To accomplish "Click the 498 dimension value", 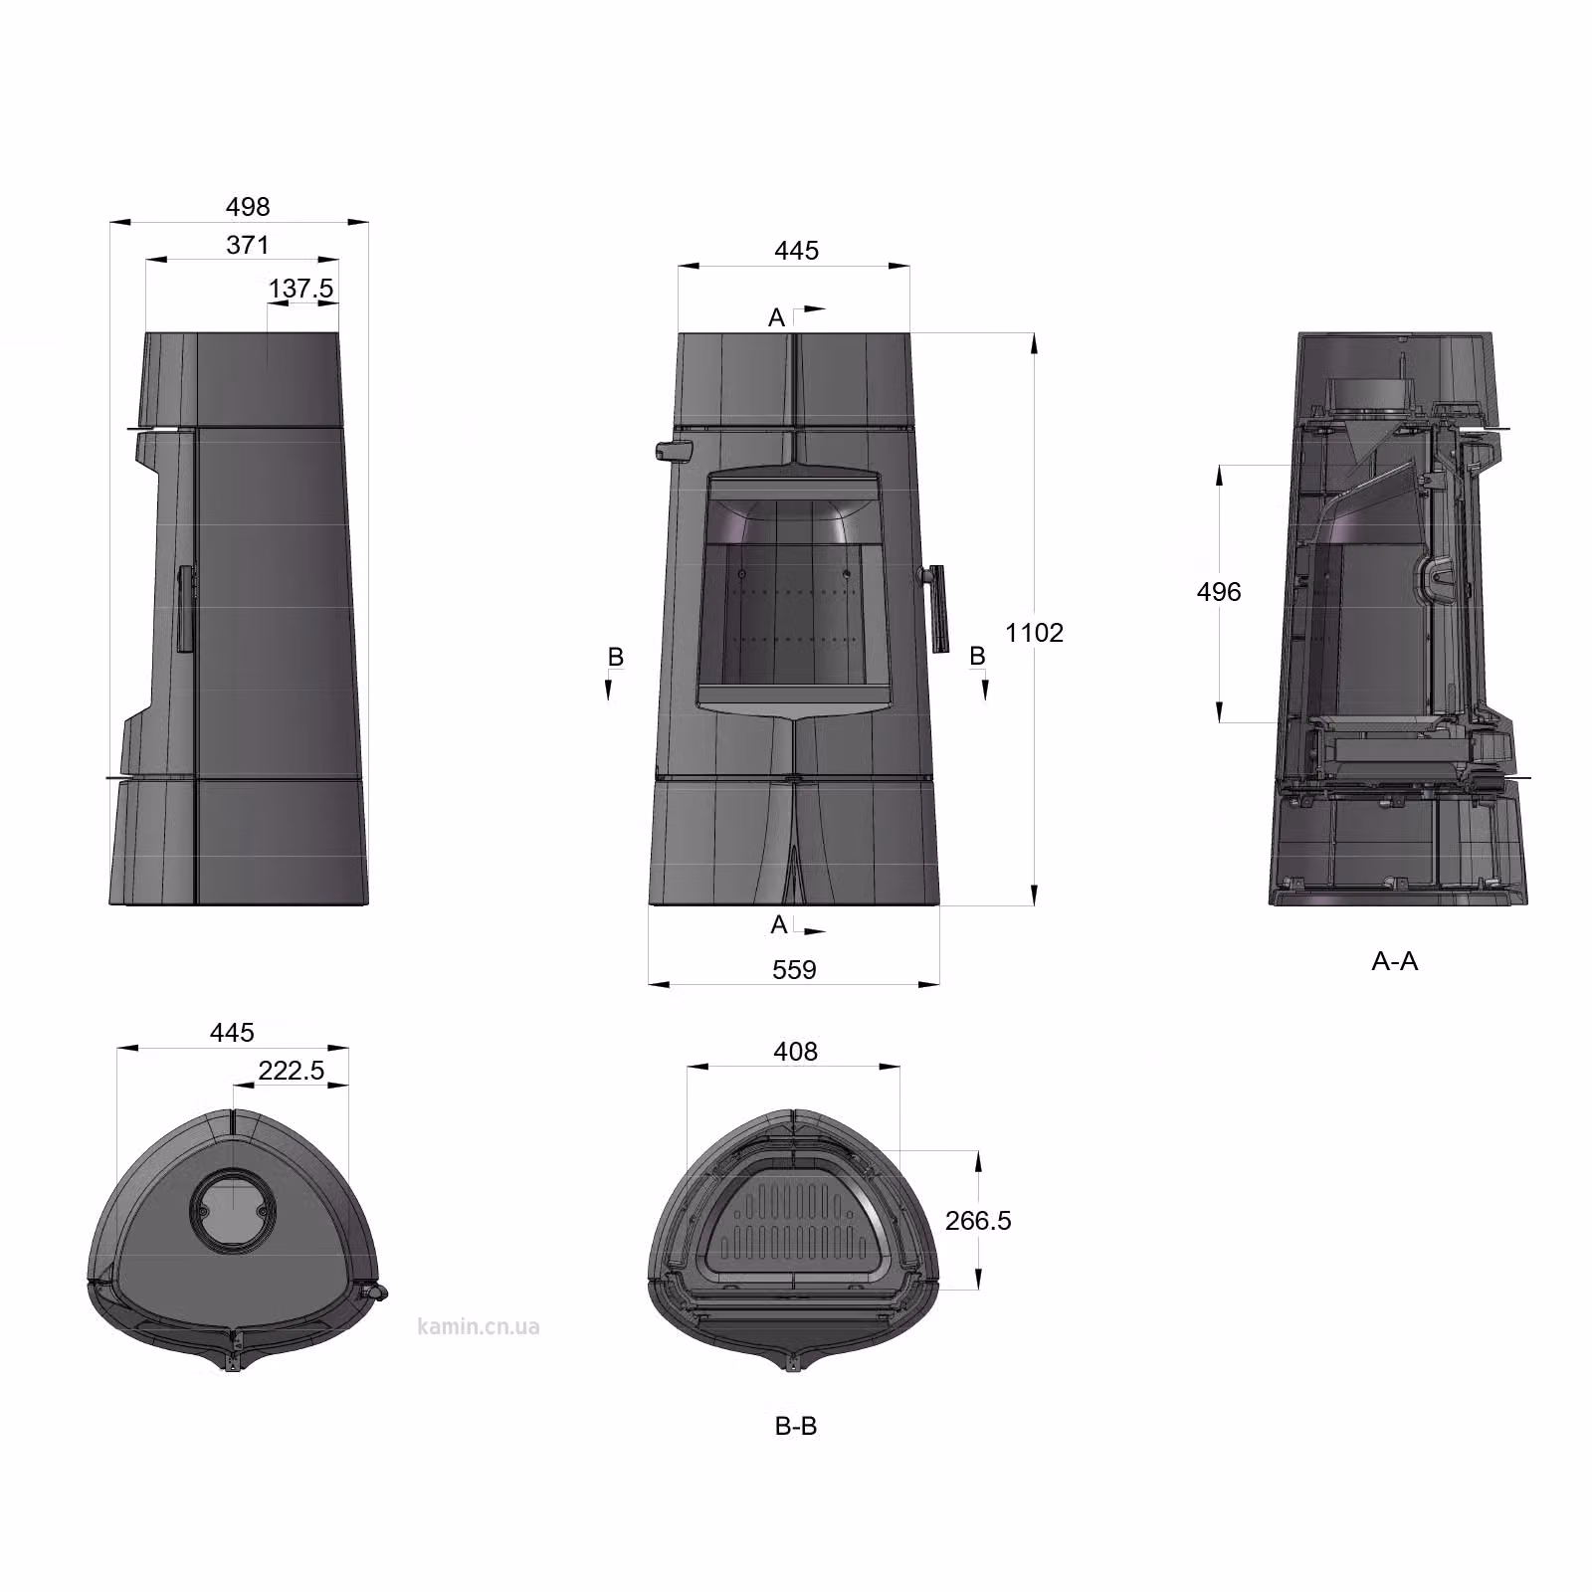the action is [x=248, y=207].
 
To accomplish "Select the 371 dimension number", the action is [x=248, y=245].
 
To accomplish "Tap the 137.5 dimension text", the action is [x=300, y=289].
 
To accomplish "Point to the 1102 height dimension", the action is [x=1035, y=633].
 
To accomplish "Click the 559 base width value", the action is [x=794, y=970].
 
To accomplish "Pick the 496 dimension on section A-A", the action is [x=1219, y=592].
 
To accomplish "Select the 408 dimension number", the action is [x=795, y=1052].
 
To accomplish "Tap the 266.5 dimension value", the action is [x=978, y=1221].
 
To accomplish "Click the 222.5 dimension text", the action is [x=292, y=1071].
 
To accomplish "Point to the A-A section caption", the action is [x=1395, y=961].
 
